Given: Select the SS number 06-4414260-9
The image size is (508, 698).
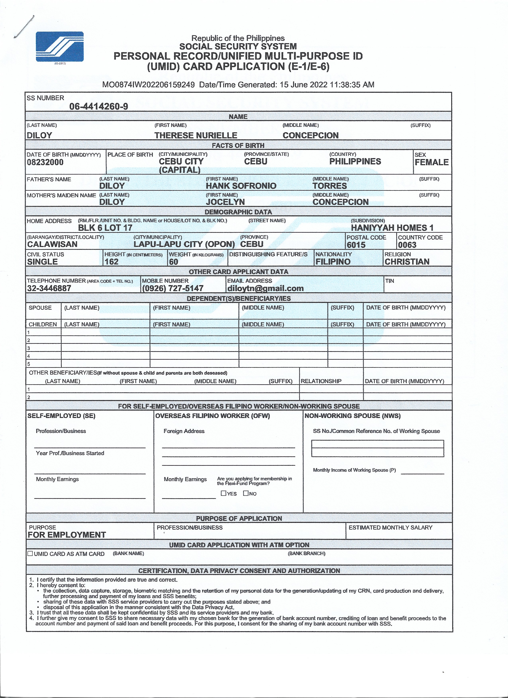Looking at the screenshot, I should [x=99, y=106].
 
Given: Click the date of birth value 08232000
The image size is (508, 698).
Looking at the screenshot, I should [x=45, y=162].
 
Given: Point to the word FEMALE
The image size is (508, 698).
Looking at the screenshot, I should [x=431, y=162].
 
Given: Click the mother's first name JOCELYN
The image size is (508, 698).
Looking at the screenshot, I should [x=225, y=202].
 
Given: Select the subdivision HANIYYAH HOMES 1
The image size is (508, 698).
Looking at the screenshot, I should [x=392, y=228].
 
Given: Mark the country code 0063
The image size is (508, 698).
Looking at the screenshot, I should [x=407, y=245].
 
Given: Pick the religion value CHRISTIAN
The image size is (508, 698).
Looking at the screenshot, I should [x=407, y=262].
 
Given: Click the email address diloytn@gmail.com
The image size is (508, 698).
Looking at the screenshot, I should [x=265, y=288].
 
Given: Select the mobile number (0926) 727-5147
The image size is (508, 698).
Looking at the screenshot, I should [x=173, y=288].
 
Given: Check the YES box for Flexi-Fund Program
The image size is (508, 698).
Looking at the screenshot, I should [x=223, y=493].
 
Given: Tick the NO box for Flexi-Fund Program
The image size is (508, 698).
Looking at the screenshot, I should [x=245, y=493].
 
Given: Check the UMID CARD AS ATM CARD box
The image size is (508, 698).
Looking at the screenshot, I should [x=30, y=553].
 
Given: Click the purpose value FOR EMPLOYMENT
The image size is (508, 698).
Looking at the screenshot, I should [x=67, y=535].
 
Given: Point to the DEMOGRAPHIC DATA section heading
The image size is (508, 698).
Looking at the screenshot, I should [x=238, y=212].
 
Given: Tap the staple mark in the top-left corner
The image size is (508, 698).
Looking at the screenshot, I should [x=24, y=27].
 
